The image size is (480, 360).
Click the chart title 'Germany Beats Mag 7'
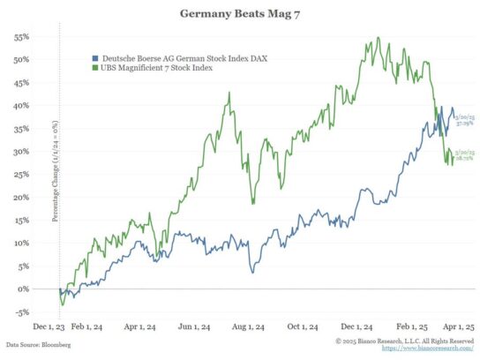point(239,14)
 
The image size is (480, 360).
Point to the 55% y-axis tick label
point(21,37)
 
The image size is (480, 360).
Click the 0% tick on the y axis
point(24,289)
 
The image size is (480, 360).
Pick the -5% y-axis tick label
point(22,311)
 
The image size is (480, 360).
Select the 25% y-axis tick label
point(21,175)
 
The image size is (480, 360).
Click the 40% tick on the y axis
point(21,106)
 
